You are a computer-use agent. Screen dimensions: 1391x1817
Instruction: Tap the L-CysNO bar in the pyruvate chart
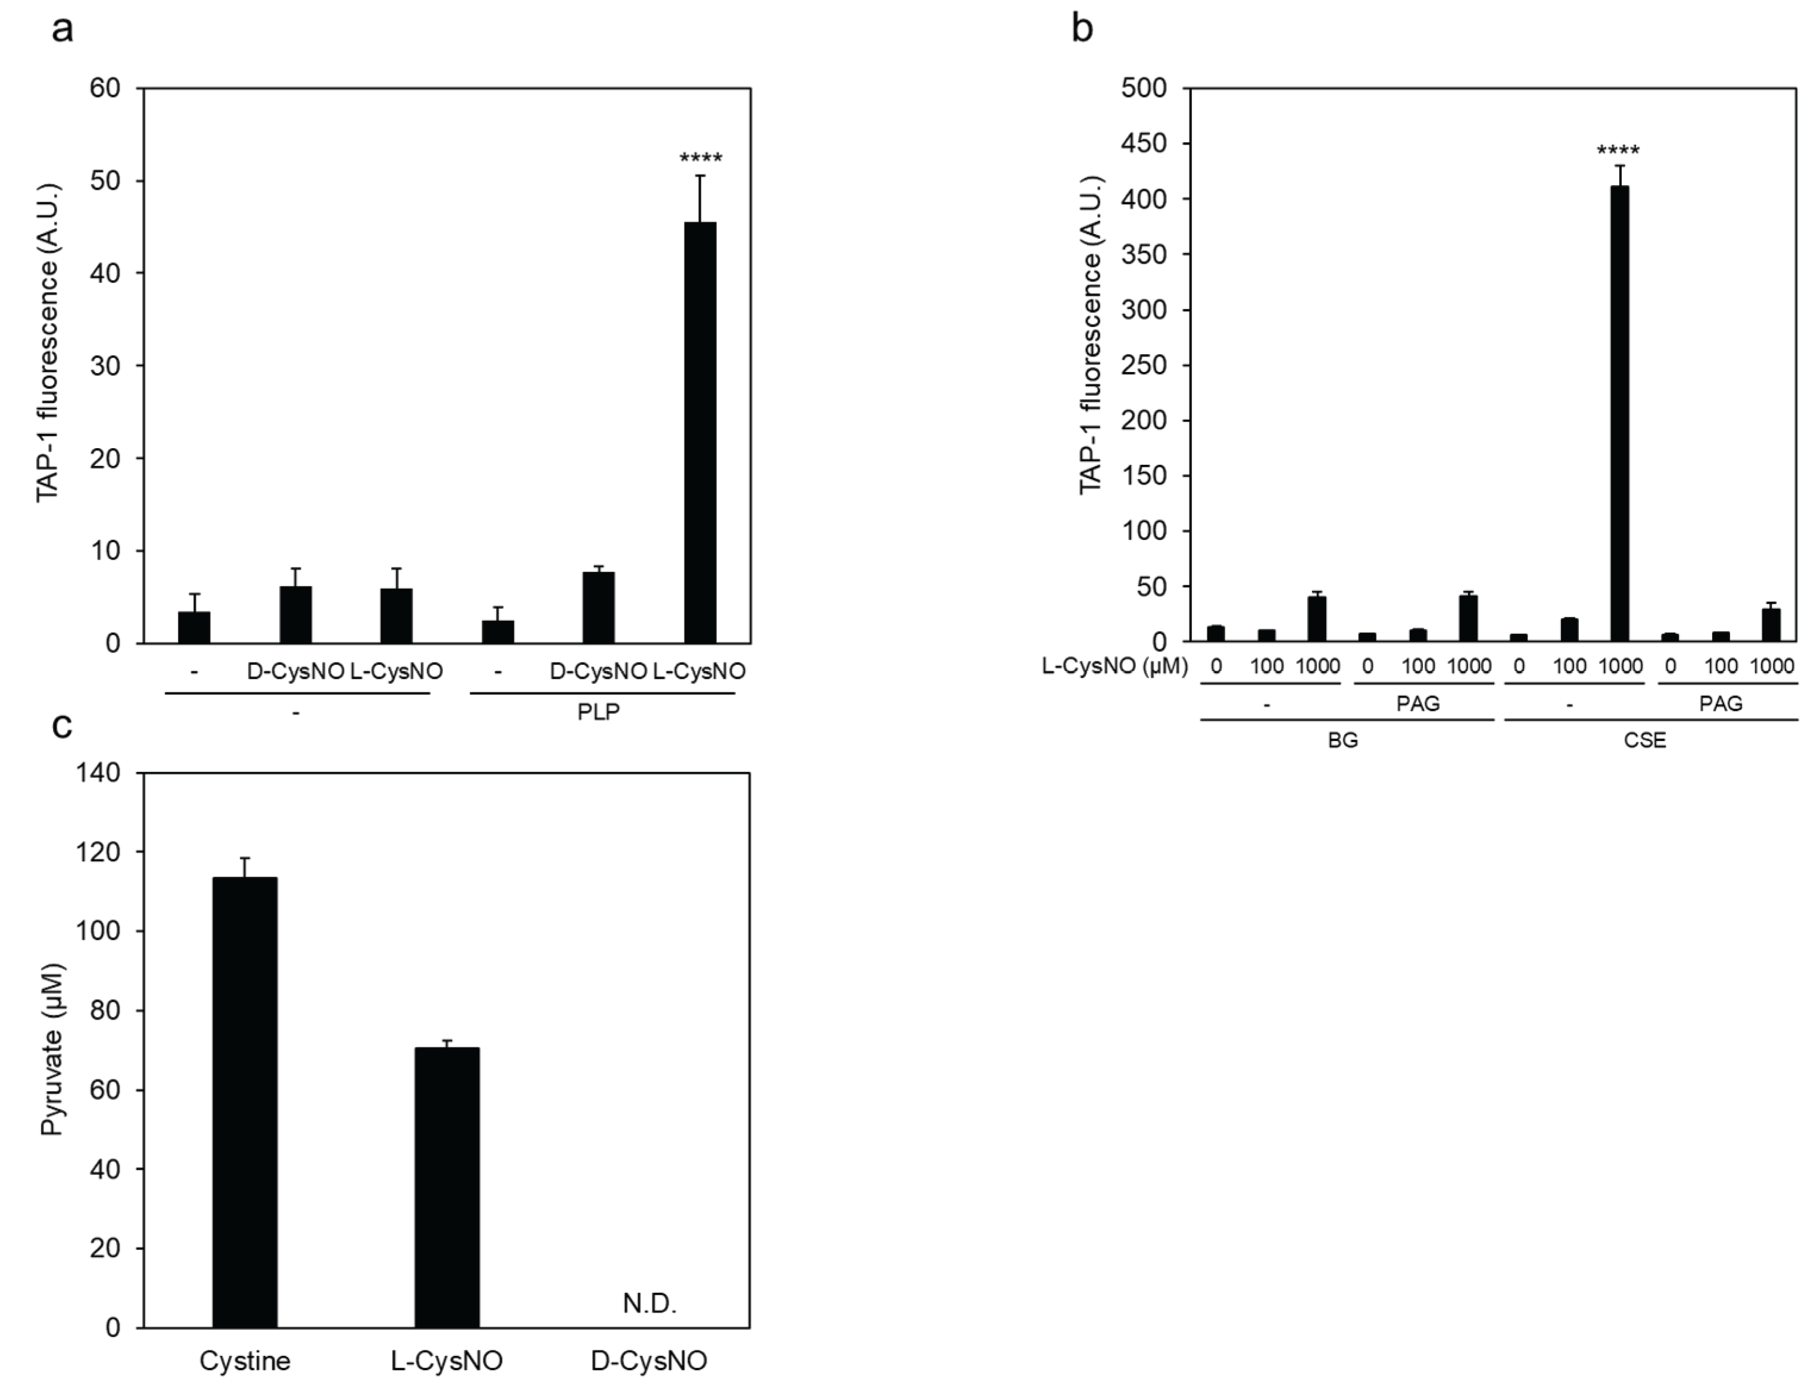[447, 1186]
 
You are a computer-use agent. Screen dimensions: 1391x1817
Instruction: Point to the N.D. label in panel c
[650, 1304]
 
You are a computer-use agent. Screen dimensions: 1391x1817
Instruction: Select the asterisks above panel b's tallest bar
[1618, 151]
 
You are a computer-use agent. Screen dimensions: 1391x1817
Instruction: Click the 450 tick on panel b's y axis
[1144, 143]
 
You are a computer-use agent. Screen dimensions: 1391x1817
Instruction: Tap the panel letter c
[61, 726]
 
